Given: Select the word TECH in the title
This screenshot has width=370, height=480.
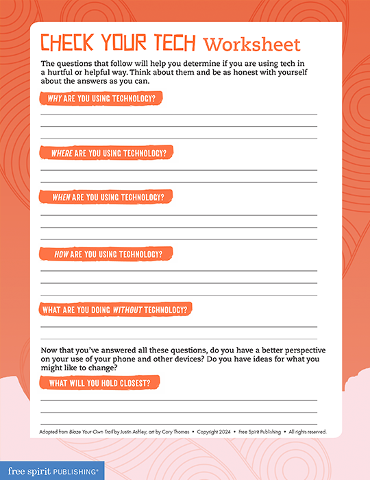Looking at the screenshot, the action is [172, 43].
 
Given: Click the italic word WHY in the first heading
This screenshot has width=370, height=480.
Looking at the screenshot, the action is [55, 98].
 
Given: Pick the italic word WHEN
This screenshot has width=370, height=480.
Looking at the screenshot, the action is [61, 197].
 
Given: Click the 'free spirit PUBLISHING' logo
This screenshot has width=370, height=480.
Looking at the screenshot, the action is [51, 470].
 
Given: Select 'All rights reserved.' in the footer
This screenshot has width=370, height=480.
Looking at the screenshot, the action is [308, 432].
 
